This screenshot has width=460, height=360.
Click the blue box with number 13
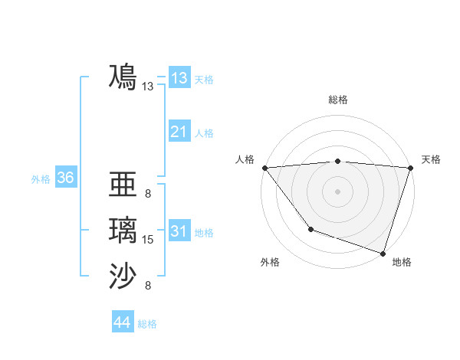(179, 78)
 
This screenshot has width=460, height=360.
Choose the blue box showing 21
(179, 132)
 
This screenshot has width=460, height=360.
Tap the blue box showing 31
(179, 231)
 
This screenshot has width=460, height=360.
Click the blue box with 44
(122, 322)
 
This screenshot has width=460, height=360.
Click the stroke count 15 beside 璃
(148, 240)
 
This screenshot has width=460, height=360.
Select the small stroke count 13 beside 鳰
(148, 87)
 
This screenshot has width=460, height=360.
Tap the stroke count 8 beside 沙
(148, 286)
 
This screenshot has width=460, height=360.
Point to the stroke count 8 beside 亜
(148, 194)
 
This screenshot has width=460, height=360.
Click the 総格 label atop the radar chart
(337, 100)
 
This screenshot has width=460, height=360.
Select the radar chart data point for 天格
(410, 168)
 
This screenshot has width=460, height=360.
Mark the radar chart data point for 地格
(383, 253)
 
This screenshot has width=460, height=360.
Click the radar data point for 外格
(310, 228)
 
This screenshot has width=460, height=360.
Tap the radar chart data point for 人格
(264, 168)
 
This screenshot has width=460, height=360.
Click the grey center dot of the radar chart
(337, 191)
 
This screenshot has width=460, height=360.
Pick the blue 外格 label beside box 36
(41, 179)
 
